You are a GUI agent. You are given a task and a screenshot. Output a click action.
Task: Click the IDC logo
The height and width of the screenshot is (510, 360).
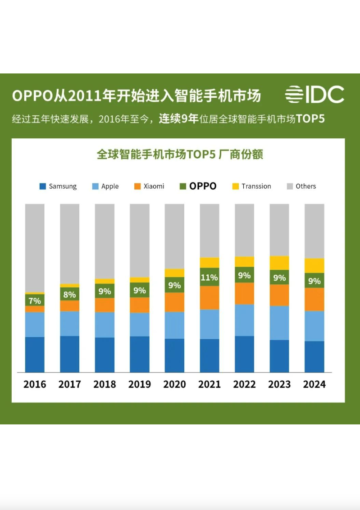click(314, 95)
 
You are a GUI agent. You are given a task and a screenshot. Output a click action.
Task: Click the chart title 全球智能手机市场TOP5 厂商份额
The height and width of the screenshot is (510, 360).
click(180, 155)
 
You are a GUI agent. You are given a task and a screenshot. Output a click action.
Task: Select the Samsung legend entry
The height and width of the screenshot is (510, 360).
click(58, 186)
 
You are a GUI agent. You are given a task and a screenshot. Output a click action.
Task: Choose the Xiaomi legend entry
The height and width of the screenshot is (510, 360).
click(149, 186)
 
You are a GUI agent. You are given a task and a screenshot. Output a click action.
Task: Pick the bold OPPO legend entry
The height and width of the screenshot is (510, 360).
click(198, 186)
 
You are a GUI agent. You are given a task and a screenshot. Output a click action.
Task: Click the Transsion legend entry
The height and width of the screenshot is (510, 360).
click(251, 186)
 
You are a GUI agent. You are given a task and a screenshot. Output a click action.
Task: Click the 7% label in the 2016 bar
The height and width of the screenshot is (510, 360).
click(35, 301)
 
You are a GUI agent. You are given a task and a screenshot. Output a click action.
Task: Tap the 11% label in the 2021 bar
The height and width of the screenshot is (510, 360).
click(209, 278)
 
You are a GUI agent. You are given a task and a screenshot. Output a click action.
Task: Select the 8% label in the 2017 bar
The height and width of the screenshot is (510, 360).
click(70, 295)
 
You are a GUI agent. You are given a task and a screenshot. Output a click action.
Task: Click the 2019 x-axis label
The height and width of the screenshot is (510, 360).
click(140, 384)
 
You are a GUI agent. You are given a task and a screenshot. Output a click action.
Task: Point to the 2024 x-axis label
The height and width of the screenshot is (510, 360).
click(314, 384)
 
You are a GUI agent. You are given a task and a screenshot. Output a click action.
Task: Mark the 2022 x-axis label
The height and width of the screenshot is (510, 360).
click(244, 384)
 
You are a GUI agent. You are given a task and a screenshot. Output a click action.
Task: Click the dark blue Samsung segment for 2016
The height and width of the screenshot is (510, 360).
click(35, 355)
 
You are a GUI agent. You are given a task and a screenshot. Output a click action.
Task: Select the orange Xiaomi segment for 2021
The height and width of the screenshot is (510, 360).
click(209, 297)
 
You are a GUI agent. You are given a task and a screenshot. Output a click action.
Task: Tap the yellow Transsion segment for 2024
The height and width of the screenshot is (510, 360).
click(314, 265)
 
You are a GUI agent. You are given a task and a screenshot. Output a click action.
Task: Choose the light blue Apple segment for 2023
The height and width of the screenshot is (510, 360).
click(279, 323)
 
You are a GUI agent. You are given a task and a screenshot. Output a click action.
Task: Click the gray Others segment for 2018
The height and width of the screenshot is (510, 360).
click(105, 241)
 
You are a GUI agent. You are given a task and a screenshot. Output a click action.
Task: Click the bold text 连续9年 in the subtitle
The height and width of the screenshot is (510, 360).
click(178, 119)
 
